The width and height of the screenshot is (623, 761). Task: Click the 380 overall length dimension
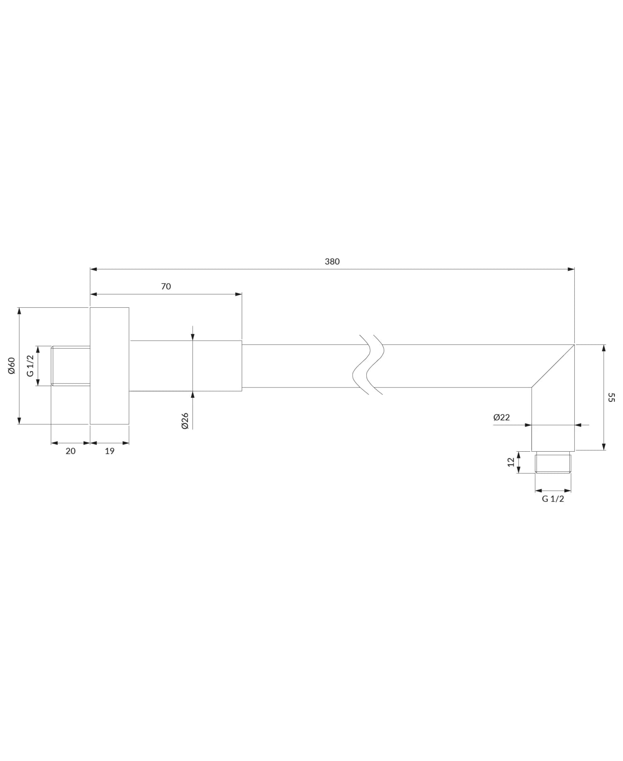tap(332, 262)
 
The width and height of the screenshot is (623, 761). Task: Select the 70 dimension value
tap(166, 286)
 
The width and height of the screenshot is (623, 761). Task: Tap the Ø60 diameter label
tap(12, 365)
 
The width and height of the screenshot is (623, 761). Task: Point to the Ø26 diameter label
tap(185, 421)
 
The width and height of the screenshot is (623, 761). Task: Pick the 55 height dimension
tap(611, 397)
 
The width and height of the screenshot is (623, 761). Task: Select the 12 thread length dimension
tap(511, 462)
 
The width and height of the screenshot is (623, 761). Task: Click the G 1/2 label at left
tap(30, 366)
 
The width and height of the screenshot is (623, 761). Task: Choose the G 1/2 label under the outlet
tap(553, 499)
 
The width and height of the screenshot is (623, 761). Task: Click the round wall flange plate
tap(110, 366)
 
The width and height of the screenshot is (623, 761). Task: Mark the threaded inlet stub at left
tap(71, 366)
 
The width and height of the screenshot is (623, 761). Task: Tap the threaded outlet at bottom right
tap(553, 462)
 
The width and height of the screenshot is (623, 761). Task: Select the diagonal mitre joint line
tap(553, 366)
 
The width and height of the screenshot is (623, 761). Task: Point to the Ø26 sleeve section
tap(186, 366)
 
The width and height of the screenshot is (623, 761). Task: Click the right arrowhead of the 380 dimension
tap(571, 269)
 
